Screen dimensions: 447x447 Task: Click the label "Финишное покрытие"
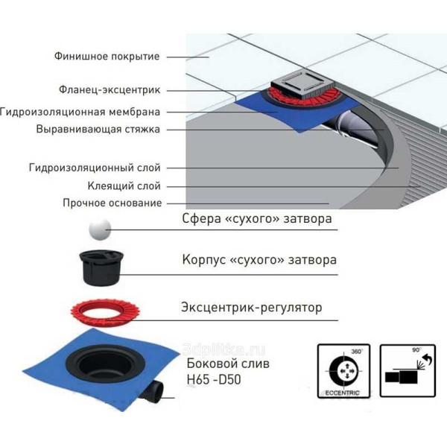click(108, 56)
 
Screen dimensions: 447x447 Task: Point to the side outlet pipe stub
click(154, 391)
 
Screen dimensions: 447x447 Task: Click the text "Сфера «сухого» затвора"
click(257, 220)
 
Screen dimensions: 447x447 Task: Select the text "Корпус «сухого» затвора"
click(259, 261)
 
